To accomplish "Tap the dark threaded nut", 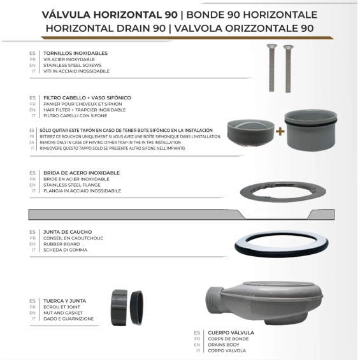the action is pyautogui.click(x=120, y=308).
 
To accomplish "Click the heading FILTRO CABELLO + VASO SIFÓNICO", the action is pyautogui.click(x=96, y=97).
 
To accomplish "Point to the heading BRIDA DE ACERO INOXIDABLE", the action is pyautogui.click(x=90, y=173).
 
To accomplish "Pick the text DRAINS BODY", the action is pyautogui.click(x=224, y=345).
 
